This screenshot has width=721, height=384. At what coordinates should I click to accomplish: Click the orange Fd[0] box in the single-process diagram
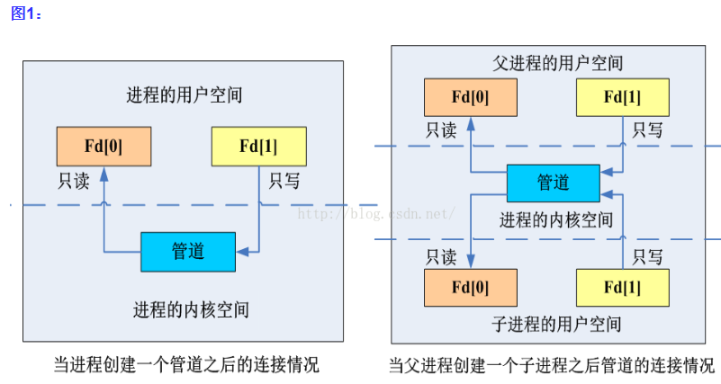103,144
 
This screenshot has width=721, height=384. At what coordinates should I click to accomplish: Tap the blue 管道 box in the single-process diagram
187,251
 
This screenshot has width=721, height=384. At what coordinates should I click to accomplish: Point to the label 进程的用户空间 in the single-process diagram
184,95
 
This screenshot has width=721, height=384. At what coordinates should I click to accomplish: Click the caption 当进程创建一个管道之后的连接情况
185,365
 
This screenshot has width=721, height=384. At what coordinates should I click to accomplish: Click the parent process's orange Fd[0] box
470,97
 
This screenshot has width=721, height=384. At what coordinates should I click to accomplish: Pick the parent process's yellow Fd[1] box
622,97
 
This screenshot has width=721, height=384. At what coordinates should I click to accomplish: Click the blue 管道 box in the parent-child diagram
553,183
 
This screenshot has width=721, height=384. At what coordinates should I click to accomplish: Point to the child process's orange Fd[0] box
470,288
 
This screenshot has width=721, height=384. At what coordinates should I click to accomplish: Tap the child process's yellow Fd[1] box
622,288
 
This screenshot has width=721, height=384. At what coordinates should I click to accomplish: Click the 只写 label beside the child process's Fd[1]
648,257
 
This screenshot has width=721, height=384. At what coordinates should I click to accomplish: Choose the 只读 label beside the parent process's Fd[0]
440,130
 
